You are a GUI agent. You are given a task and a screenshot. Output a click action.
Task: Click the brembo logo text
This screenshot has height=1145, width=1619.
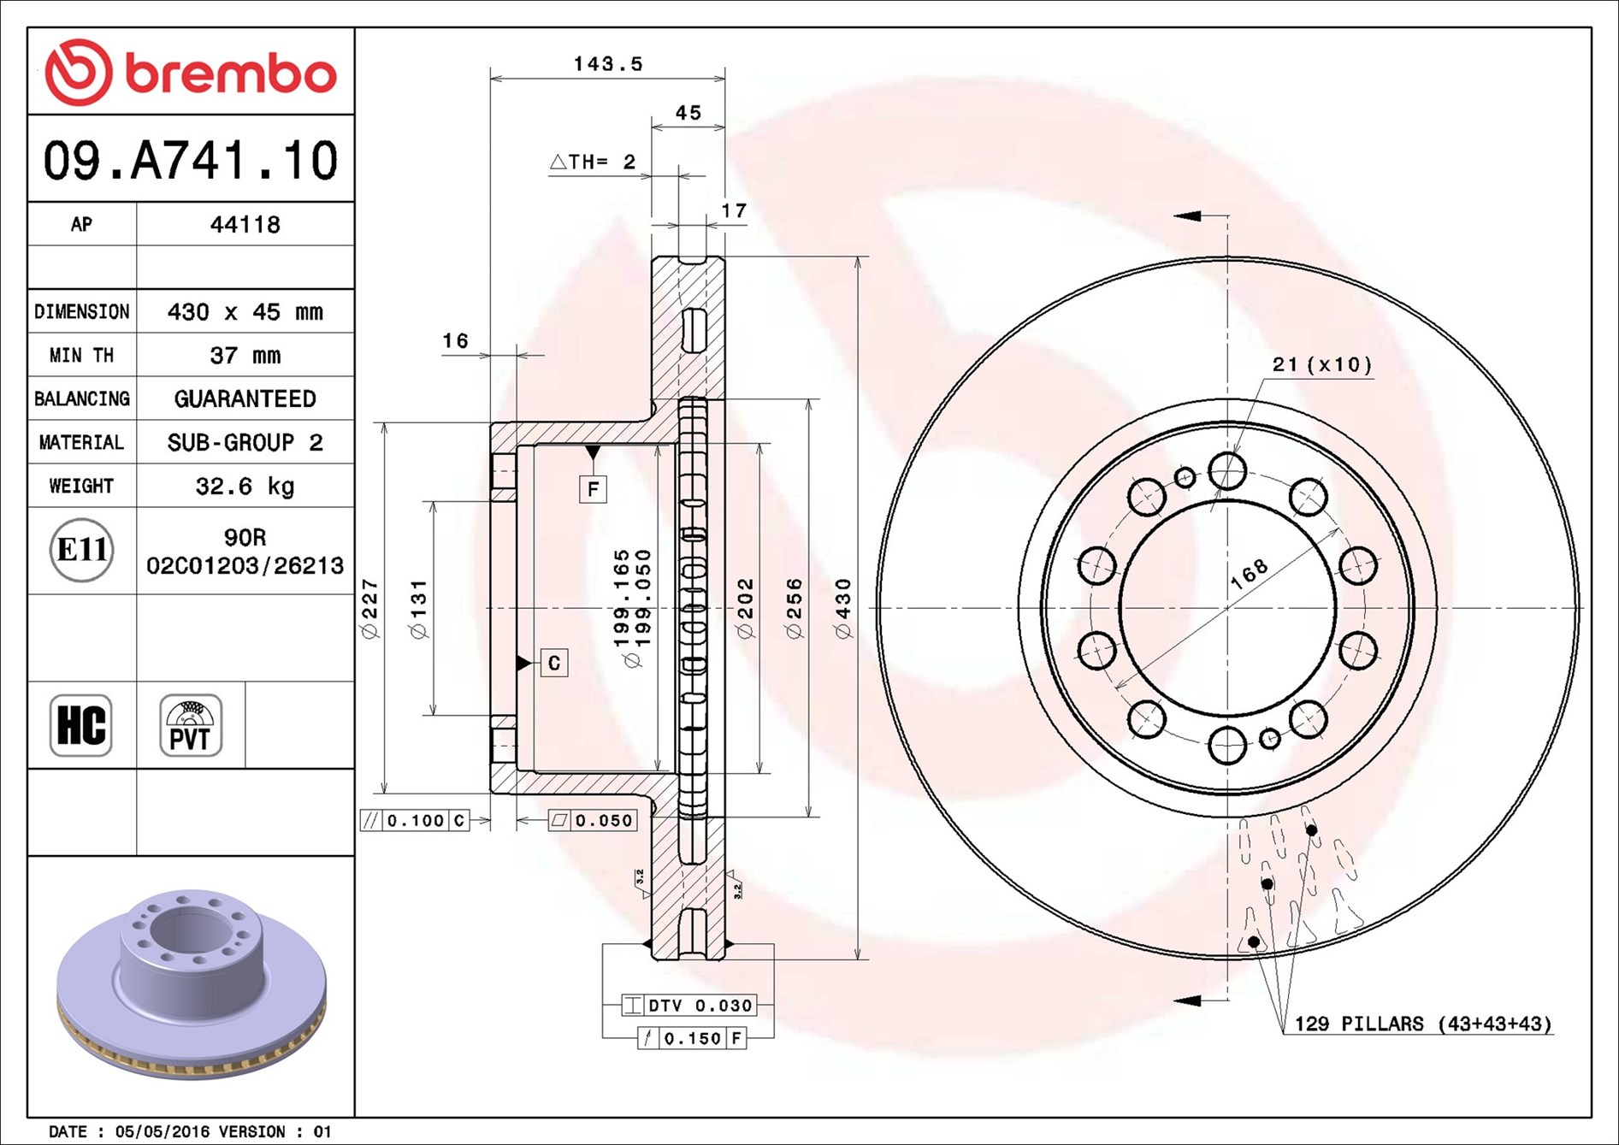(x=231, y=73)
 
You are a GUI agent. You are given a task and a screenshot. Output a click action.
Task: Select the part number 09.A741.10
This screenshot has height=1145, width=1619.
(x=191, y=160)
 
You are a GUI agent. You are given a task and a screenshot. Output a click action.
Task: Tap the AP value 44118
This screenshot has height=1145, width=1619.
(x=245, y=224)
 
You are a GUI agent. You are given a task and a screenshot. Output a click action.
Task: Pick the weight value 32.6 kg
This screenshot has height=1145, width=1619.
(x=245, y=486)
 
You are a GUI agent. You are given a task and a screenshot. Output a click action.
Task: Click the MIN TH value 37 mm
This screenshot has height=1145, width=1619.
(x=245, y=355)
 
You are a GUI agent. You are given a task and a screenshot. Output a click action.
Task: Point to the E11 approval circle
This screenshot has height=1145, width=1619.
(x=81, y=550)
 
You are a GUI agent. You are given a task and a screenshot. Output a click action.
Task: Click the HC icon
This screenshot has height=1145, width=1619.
(x=81, y=725)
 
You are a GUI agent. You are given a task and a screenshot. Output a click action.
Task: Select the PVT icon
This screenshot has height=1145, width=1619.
(x=191, y=725)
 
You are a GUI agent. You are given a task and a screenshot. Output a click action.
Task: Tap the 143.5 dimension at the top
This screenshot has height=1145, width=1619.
(x=608, y=63)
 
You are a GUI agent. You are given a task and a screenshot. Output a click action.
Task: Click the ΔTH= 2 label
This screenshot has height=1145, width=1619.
(x=593, y=162)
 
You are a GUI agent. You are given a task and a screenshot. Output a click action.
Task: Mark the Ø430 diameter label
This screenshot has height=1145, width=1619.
(x=843, y=609)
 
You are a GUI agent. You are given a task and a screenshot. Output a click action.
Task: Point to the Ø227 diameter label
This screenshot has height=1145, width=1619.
(x=369, y=609)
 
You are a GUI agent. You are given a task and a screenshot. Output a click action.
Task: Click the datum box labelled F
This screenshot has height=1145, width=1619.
(x=593, y=489)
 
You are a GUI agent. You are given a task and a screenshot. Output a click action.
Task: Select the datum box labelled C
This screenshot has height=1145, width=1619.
(x=554, y=663)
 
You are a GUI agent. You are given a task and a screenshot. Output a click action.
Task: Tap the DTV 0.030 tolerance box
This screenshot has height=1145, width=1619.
(x=688, y=1006)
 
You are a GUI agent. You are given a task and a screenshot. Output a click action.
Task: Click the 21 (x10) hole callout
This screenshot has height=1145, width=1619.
(x=1322, y=364)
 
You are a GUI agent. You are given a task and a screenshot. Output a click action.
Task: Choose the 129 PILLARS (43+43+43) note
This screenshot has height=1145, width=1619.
(x=1423, y=1024)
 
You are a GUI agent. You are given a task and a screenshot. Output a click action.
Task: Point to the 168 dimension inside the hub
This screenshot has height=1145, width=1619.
(x=1249, y=575)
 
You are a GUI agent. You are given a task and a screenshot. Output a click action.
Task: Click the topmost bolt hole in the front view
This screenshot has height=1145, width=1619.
(x=1227, y=470)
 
